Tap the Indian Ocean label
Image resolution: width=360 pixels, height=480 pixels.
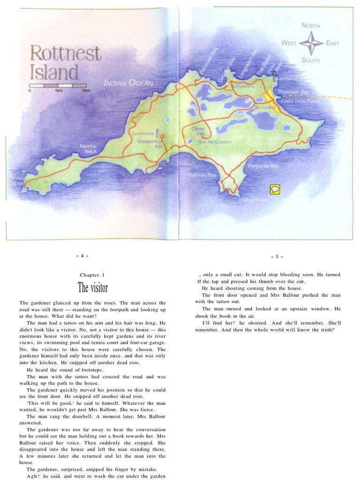[x=128, y=83]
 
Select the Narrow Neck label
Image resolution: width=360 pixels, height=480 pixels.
[x=88, y=149]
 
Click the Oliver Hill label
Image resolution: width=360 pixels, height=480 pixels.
[x=198, y=131]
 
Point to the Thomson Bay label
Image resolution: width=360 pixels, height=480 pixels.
[x=293, y=92]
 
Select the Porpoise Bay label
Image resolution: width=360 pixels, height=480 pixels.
[x=263, y=166]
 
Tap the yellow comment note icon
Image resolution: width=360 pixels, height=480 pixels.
[x=275, y=189]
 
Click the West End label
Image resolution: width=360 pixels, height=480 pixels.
[x=17, y=180]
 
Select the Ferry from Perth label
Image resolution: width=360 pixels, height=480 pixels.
[x=300, y=101]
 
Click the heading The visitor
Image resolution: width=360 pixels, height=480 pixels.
[x=93, y=287]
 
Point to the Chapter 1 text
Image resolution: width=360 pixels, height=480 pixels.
[x=92, y=275]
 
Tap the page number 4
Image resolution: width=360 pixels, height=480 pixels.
[x=82, y=256]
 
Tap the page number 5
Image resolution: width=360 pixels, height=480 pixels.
[x=277, y=256]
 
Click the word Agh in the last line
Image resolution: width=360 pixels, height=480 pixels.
[x=33, y=476]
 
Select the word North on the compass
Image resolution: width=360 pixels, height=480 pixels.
[x=311, y=26]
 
